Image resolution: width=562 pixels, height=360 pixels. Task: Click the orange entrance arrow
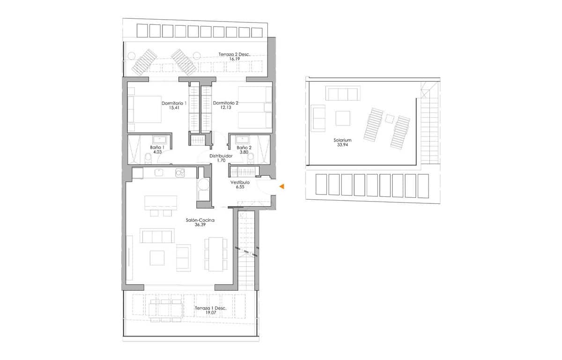click(282, 187)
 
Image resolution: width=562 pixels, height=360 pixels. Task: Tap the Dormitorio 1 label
click(174, 103)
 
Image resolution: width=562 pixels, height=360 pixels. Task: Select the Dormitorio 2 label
click(226, 103)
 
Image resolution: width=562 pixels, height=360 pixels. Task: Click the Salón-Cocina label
click(200, 220)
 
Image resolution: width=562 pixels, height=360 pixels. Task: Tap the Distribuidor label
click(221, 156)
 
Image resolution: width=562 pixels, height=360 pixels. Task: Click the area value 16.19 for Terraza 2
click(234, 60)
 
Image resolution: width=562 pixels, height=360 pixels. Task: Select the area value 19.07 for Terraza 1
click(210, 313)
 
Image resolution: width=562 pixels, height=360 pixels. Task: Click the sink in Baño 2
click(243, 139)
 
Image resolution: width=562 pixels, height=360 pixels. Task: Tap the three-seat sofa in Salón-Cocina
click(157, 236)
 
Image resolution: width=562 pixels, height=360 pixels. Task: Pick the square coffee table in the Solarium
click(343, 118)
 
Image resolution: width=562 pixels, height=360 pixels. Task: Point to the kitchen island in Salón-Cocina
click(161, 202)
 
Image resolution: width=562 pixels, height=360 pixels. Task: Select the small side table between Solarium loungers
click(389, 119)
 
